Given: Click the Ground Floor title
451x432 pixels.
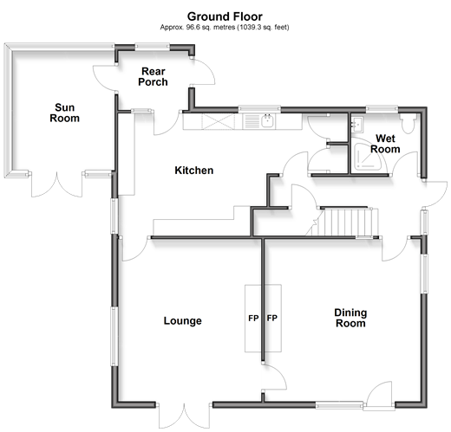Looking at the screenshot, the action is pos(225,16).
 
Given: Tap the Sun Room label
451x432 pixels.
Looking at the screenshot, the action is pos(64,113).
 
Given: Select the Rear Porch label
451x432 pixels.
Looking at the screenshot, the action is pos(153,76).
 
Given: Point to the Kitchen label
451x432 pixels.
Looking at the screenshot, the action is pos(194,171).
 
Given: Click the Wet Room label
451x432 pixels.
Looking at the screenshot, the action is pos(385,144).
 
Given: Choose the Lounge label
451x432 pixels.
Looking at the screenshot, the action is pos(183,320).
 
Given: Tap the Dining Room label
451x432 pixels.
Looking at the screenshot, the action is pos(350,318).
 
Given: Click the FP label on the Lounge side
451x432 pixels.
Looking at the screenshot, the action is pos(253,318).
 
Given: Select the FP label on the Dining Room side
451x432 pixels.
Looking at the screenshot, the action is pos(272,318).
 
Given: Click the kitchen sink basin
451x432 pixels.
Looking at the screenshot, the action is pos(268,120).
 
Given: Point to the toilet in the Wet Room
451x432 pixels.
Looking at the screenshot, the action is pos(408,123).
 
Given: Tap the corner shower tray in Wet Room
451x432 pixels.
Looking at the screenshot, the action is pos(368,156).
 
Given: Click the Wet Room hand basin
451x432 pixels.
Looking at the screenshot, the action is pos(356,124).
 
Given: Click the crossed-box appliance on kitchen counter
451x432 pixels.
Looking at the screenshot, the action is pos(219,121).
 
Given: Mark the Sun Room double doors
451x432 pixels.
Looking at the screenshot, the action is pos(56,184).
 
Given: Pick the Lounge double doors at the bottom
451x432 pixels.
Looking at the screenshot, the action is pos(184,416).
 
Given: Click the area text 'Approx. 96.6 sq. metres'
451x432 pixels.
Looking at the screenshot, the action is pos(198,28).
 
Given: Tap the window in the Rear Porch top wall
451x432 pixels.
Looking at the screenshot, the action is pos(153,46).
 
